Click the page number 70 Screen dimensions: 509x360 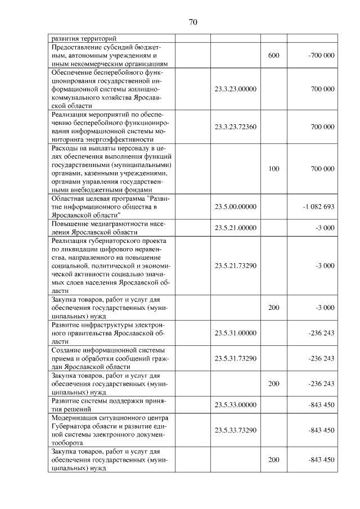coord(192,22)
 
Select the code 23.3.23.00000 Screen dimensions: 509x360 coord(236,89)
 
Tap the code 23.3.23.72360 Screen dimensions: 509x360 coord(236,127)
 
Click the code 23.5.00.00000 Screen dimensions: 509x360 coord(236,206)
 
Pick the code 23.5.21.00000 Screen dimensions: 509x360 coord(236,228)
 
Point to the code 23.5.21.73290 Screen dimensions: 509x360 coord(236,265)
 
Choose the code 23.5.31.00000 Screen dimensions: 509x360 coord(236,333)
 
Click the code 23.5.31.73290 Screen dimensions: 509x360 coord(236,358)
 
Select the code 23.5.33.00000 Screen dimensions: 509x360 coord(236,404)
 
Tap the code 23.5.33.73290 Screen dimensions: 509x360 coord(236,430)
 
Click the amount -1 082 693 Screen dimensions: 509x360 coord(318,206)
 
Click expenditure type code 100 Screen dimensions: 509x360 coord(273,169)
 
